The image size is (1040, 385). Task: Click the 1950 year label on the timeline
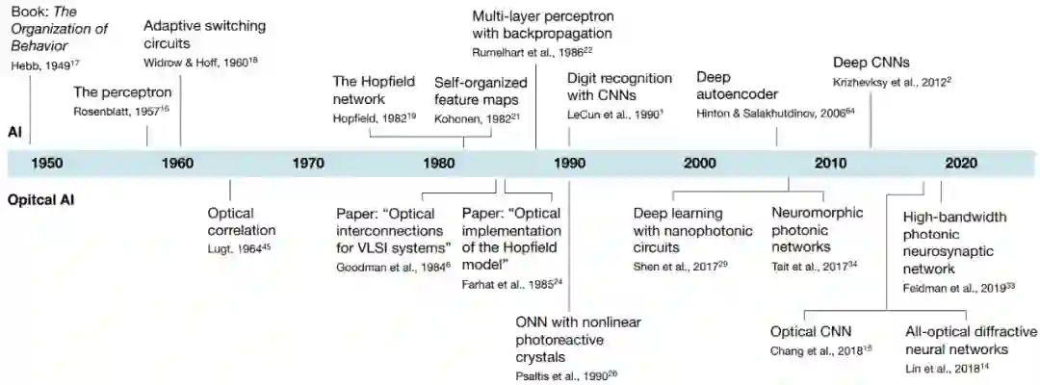click(x=47, y=162)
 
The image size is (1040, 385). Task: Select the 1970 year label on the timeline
click(x=308, y=162)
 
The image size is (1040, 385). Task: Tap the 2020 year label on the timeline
click(x=960, y=162)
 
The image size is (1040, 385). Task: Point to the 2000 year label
click(x=699, y=162)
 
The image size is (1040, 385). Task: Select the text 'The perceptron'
click(x=123, y=92)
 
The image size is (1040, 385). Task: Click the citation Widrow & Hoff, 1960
click(x=202, y=63)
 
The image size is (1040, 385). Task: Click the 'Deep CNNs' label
click(x=871, y=64)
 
